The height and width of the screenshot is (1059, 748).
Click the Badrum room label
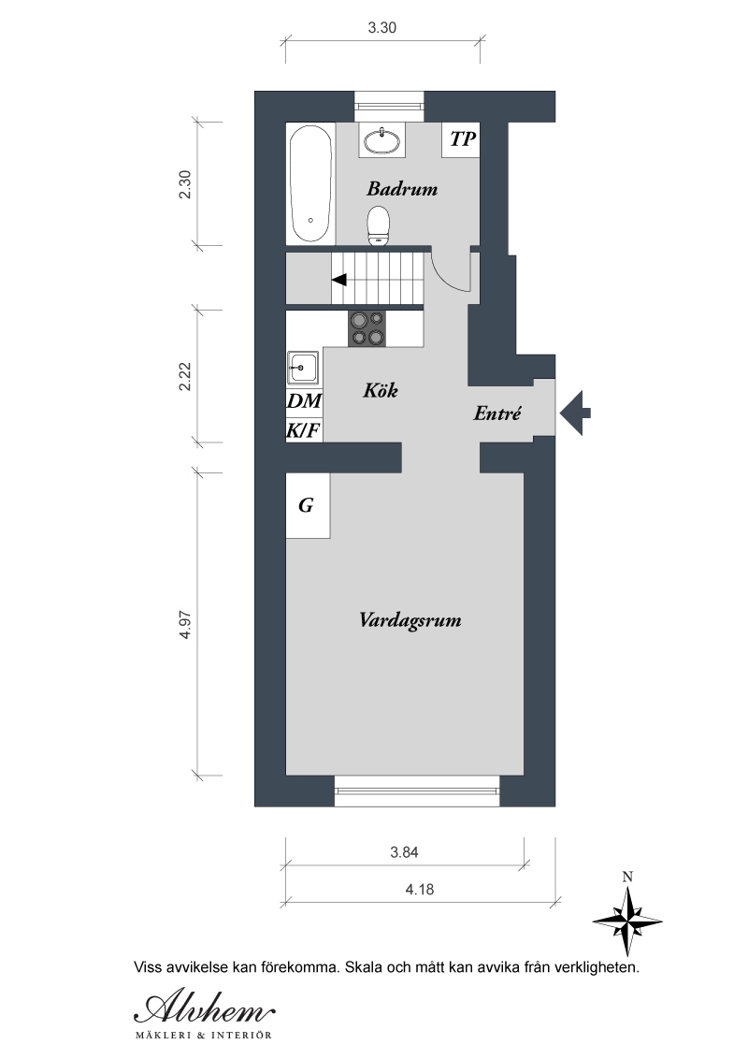click(x=402, y=188)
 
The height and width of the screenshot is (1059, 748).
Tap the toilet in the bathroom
click(x=379, y=226)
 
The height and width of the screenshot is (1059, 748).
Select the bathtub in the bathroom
click(x=310, y=183)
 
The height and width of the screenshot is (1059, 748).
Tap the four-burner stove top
click(x=367, y=328)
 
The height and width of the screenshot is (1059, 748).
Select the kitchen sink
click(x=303, y=368)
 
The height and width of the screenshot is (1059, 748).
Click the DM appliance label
click(x=304, y=401)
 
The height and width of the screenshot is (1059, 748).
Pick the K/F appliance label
click(x=304, y=429)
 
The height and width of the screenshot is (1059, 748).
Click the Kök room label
click(x=380, y=390)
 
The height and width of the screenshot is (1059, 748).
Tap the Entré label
click(x=496, y=413)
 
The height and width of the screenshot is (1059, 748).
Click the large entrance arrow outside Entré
click(x=575, y=413)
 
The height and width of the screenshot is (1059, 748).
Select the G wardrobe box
click(x=308, y=505)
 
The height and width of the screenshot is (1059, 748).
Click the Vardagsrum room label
click(x=410, y=620)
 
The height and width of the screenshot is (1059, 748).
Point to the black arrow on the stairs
click(x=338, y=279)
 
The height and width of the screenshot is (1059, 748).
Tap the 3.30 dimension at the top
click(x=382, y=28)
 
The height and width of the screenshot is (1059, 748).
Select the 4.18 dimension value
click(x=419, y=890)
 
